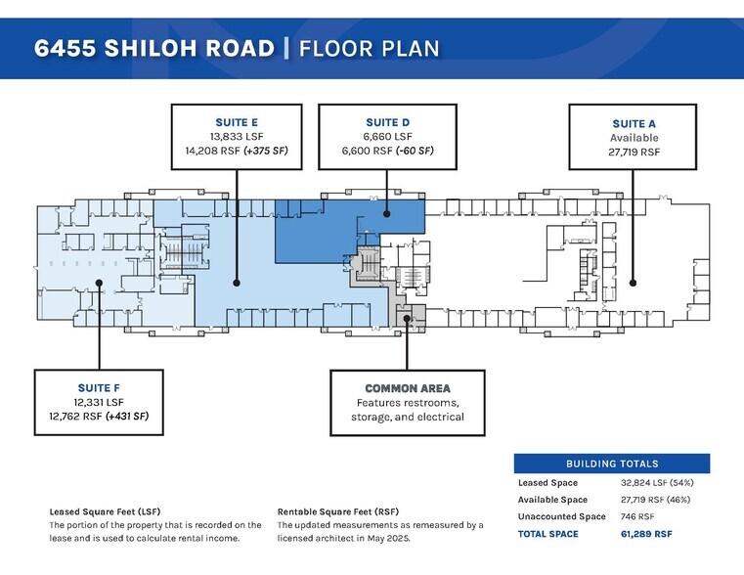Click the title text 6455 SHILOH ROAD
154,48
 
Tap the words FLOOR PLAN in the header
369,48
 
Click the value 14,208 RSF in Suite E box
209,152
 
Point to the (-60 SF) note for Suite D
414,152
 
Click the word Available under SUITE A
634,138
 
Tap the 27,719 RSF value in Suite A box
634,153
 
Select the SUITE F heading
98,387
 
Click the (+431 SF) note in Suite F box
133,417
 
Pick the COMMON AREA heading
408,388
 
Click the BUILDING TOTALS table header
612,464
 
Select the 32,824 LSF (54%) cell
660,483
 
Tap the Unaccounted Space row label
562,516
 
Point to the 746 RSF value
639,516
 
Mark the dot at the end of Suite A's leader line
634,283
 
